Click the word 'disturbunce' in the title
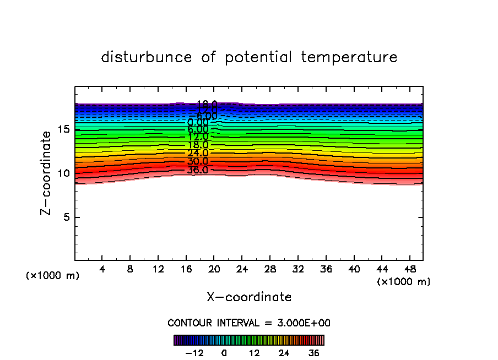tap(147, 57)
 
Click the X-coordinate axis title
tap(249, 297)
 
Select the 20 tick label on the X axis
tap(214, 269)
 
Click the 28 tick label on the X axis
tap(270, 269)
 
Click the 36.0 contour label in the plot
tap(197, 170)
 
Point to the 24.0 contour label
tap(197, 154)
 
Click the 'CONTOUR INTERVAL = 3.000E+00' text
tap(249, 323)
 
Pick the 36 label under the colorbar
tap(313, 352)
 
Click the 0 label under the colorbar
tap(224, 352)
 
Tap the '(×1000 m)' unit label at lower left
tap(53, 276)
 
